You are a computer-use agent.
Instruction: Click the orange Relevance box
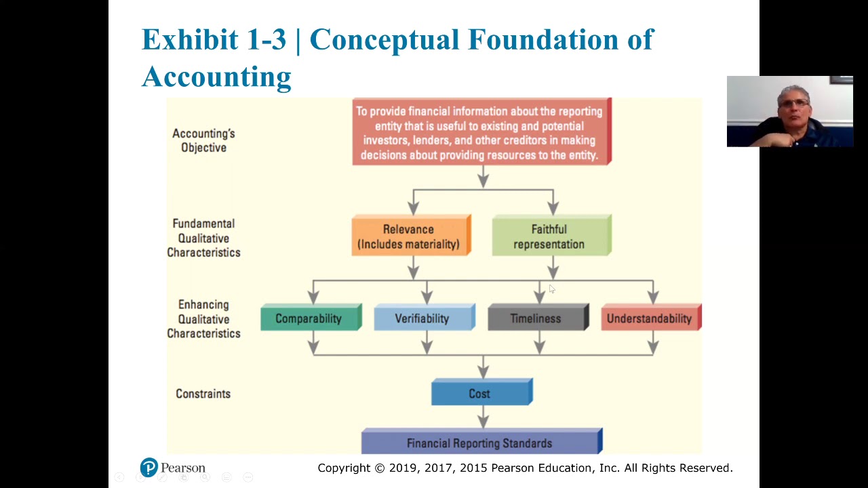410,237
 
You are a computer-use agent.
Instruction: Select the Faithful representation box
551,237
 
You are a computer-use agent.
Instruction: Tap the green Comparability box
310,319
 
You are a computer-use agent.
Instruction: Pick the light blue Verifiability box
423,319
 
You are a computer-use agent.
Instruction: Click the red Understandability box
650,319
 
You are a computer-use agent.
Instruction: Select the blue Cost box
481,394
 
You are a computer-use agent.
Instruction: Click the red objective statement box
481,133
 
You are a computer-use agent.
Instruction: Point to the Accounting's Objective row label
203,140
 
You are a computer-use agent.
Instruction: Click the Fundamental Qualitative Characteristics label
203,238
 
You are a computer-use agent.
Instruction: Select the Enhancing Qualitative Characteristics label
203,319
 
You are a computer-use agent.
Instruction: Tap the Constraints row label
203,394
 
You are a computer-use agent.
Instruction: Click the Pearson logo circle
149,467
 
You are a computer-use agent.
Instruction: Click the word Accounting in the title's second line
216,77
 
